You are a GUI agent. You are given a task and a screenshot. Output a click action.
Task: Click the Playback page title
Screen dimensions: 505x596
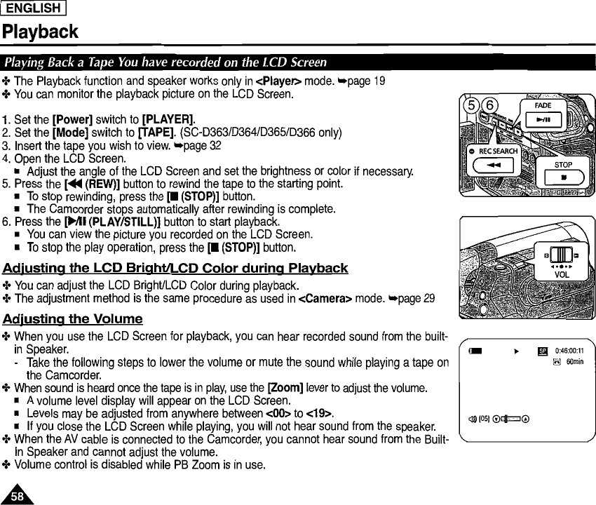tap(40, 32)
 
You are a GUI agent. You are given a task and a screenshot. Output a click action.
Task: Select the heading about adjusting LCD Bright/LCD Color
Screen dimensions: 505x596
tap(175, 269)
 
